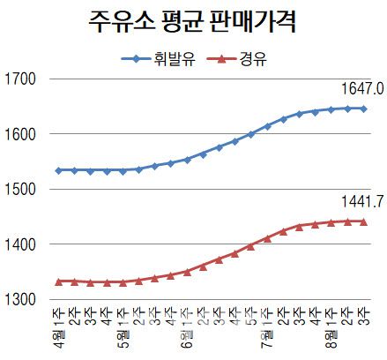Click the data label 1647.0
pyautogui.click(x=362, y=90)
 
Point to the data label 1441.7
pyautogui.click(x=362, y=203)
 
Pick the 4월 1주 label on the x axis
pyautogui.click(x=58, y=327)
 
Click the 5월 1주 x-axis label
pyautogui.click(x=123, y=327)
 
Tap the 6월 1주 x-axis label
pyautogui.click(x=187, y=327)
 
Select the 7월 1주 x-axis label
pyautogui.click(x=267, y=327)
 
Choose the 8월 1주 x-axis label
pyautogui.click(x=331, y=327)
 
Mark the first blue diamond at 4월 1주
pyautogui.click(x=58, y=170)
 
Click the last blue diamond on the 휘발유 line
pyautogui.click(x=363, y=109)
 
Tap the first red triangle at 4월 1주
pyautogui.click(x=58, y=281)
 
